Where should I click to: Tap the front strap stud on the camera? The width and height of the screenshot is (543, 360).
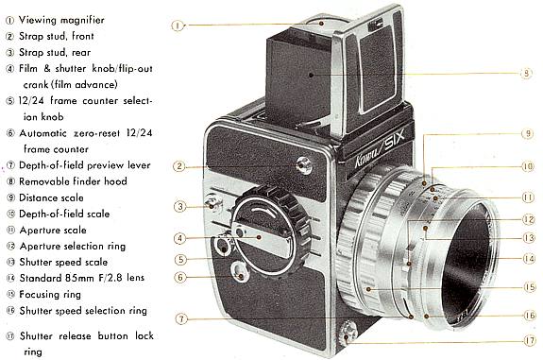305,167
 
